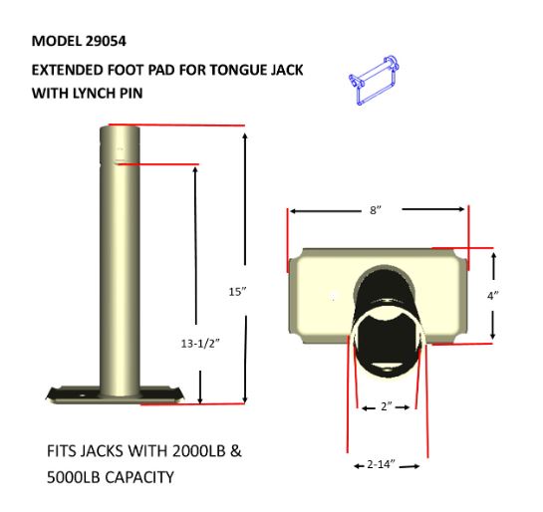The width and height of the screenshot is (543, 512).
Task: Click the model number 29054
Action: [x=106, y=41]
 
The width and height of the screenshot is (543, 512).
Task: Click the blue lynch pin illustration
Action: [x=374, y=80]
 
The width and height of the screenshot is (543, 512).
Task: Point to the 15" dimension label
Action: [x=237, y=292]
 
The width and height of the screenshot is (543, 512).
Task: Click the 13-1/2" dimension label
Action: [x=200, y=344]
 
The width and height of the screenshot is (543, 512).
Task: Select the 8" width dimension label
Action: [x=376, y=210]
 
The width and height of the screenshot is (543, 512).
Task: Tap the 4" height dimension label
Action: [x=493, y=296]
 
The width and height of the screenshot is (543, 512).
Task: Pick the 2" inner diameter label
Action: [x=387, y=406]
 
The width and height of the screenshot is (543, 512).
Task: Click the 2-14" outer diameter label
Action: [x=381, y=464]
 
